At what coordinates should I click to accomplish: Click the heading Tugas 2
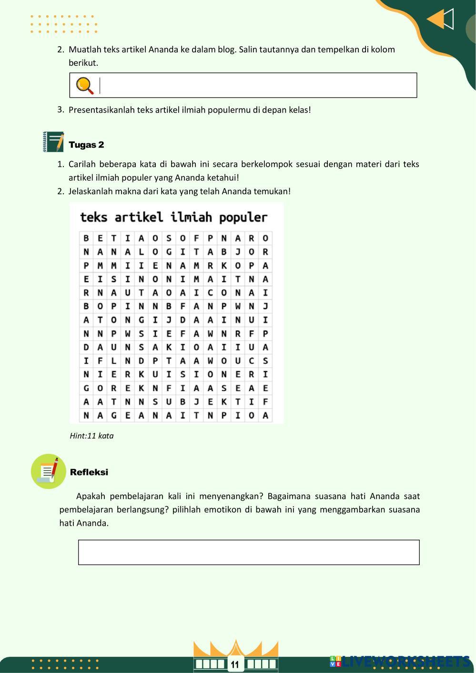86,145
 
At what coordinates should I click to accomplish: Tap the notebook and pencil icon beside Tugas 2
53,142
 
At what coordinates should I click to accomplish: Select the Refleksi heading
89,472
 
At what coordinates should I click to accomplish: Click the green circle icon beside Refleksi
48,471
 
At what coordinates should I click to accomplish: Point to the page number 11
235,664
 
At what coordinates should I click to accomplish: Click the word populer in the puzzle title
243,218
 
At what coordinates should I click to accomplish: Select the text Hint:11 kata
91,436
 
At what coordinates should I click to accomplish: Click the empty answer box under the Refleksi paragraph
249,552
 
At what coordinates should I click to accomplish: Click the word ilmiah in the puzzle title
191,218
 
